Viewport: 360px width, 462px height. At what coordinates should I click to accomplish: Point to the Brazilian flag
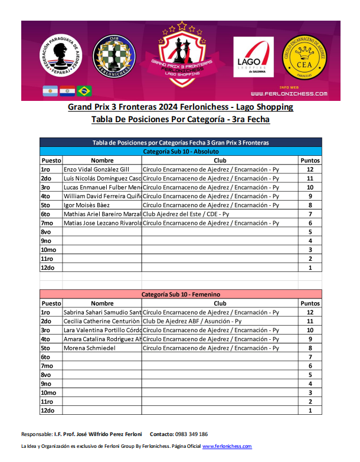[84, 91]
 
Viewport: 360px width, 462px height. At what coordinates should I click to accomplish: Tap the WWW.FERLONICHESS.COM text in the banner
[289, 94]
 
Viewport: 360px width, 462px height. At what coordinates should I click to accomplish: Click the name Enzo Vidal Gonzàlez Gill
[96, 169]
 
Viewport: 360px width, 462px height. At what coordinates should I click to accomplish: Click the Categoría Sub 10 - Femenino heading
[181, 294]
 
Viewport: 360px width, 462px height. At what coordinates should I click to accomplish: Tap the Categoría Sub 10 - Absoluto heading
[181, 151]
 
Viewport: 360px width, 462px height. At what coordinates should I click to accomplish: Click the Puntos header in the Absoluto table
[310, 160]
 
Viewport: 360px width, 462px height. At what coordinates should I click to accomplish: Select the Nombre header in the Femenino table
[102, 303]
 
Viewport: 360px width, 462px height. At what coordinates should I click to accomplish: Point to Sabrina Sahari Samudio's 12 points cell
[310, 312]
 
